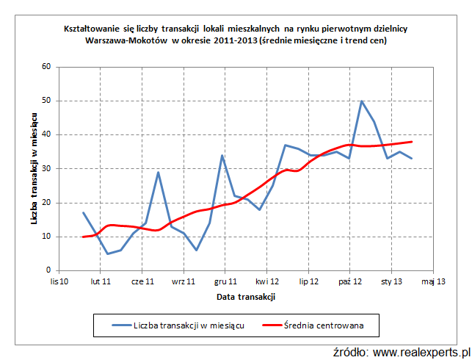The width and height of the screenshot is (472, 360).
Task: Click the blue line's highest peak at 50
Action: pos(361,101)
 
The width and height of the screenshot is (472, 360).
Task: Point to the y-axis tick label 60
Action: pos(46,67)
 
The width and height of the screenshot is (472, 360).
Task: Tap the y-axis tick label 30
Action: pos(46,168)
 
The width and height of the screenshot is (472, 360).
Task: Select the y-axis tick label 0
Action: pos(48,270)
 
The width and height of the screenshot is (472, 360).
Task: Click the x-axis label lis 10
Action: pos(59,281)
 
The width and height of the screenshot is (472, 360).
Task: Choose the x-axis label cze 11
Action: pos(142,281)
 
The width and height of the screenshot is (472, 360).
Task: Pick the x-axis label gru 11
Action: pos(225,281)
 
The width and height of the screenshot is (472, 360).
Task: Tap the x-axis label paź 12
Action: pos(350,281)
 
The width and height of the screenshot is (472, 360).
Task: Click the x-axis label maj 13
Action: pos(433,281)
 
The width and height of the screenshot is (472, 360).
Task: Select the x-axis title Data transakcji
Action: pos(246,297)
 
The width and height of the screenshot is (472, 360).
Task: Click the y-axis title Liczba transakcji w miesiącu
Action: pos(34,168)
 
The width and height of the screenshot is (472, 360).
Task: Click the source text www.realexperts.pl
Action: pos(421,352)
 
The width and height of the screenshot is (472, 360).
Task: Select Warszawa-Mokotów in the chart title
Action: pos(126,40)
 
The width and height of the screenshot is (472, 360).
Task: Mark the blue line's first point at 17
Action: pos(83,212)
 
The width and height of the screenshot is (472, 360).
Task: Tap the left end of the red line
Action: pos(83,237)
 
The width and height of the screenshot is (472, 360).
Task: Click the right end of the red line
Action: pos(412,142)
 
